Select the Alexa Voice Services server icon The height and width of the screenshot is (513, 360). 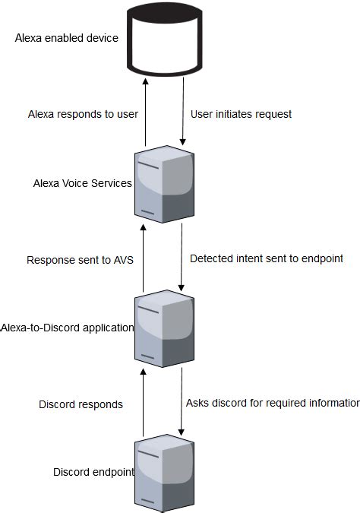[163, 185]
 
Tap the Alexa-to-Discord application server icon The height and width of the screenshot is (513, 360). [163, 329]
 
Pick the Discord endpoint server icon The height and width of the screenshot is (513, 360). [163, 472]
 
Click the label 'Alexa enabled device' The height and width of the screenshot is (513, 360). [67, 38]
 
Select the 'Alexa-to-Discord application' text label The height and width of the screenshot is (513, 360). [68, 328]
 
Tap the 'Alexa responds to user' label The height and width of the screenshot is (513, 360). [83, 114]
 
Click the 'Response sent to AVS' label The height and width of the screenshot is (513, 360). [81, 259]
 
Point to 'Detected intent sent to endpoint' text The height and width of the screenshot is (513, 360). [267, 258]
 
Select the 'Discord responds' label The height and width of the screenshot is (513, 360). [81, 404]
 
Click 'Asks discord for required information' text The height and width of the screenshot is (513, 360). [272, 403]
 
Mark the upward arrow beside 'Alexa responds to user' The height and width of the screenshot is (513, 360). [144, 107]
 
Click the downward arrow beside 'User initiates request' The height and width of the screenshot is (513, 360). [182, 107]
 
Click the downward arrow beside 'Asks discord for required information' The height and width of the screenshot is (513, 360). [182, 401]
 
